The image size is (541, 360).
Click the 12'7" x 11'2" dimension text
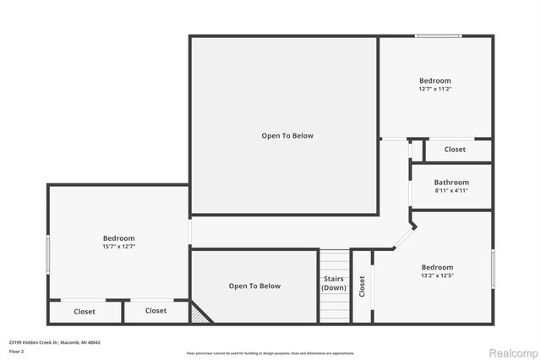(434, 89)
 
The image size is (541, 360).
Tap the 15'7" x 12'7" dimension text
(118, 247)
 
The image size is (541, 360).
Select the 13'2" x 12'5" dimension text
(437, 275)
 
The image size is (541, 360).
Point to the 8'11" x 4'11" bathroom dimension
(451, 190)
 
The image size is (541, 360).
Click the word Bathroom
(451, 182)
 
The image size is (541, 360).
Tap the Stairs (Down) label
(334, 283)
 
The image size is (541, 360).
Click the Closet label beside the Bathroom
(455, 150)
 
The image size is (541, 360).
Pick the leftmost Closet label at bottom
(85, 311)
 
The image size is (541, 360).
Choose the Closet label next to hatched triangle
(156, 310)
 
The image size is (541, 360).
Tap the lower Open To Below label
(254, 286)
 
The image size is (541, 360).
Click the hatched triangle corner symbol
(198, 314)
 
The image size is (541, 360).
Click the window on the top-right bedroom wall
(437, 35)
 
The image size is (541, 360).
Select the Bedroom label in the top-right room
(434, 80)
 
